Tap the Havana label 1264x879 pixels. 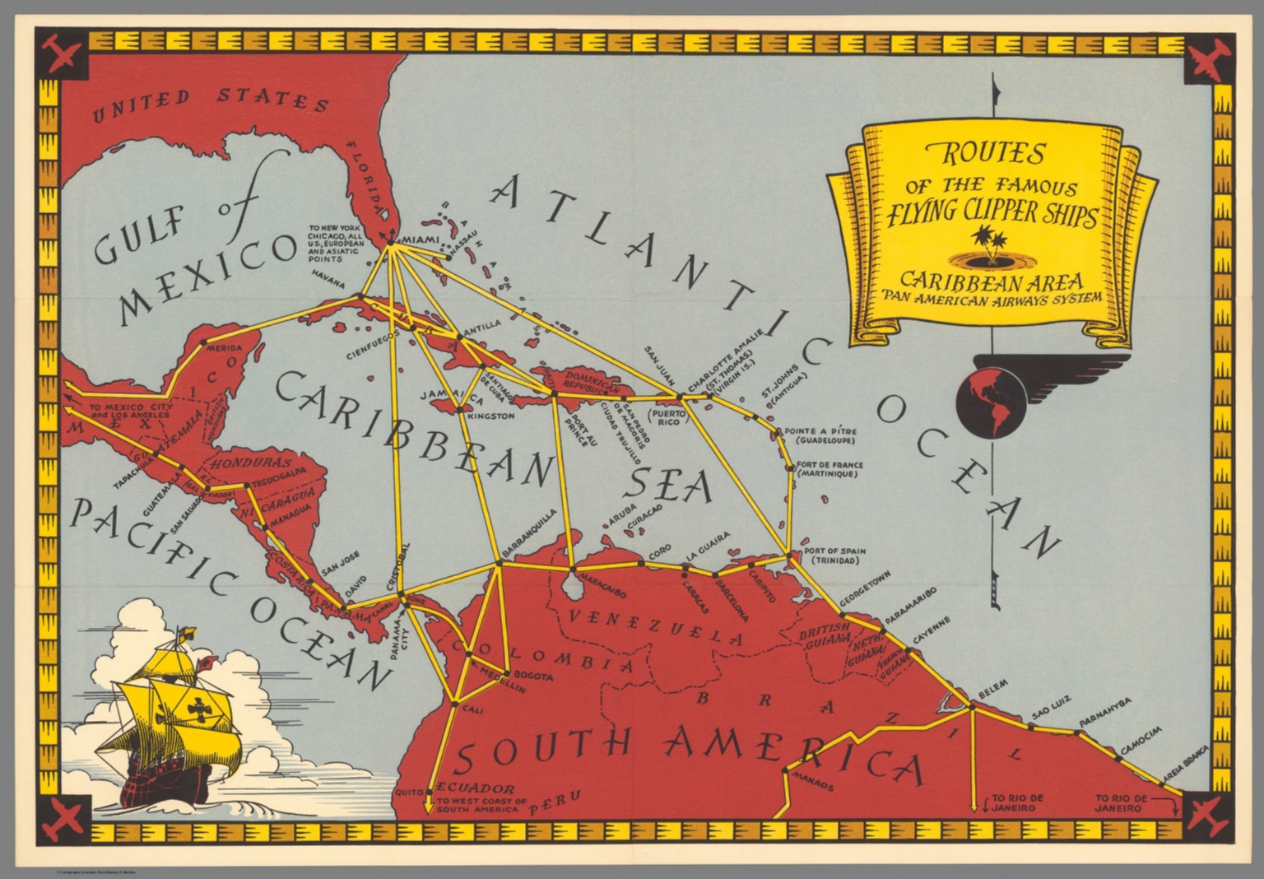[328, 281]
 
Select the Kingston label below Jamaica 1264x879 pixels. [490, 416]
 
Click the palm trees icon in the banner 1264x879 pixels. [984, 246]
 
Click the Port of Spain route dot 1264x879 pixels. [790, 555]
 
